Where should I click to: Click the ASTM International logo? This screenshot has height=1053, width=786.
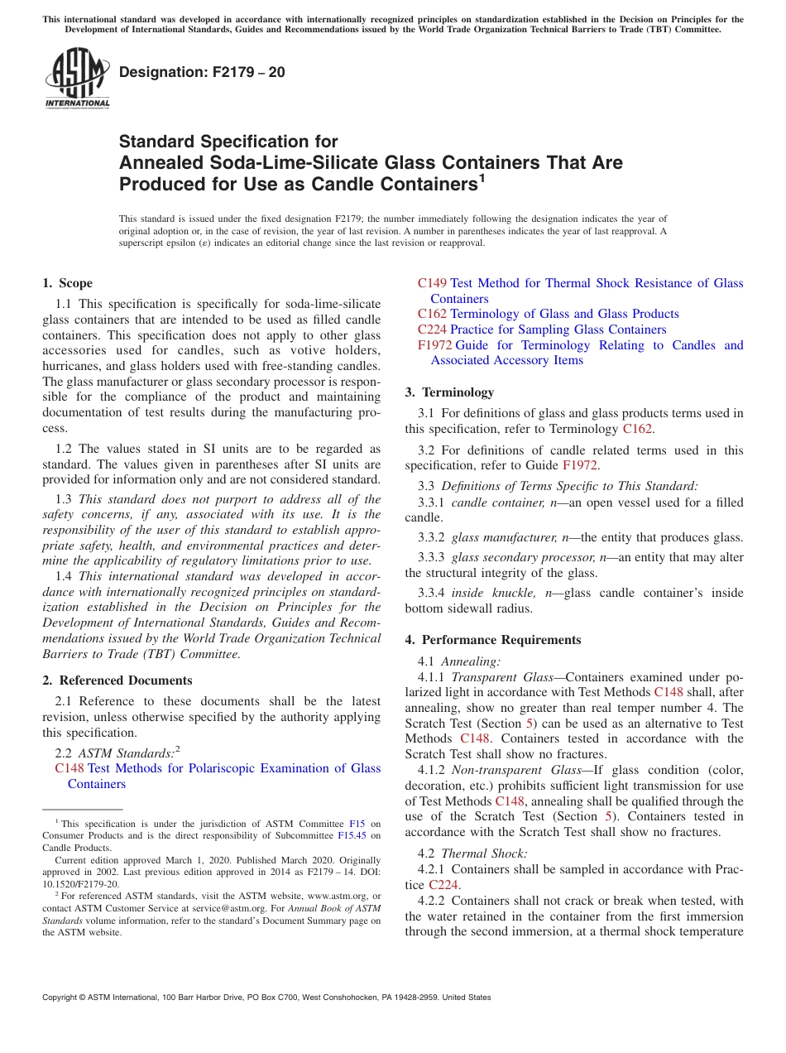(77, 78)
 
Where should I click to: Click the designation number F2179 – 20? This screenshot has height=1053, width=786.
(202, 73)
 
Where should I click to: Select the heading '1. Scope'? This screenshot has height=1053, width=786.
(68, 283)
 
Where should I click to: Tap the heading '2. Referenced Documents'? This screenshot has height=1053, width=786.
(117, 680)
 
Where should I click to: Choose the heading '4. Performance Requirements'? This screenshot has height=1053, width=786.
(493, 640)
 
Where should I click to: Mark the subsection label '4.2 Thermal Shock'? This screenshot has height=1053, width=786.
(472, 853)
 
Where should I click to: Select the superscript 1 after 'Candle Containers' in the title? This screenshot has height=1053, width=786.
(482, 177)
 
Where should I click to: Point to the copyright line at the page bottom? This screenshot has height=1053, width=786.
(266, 998)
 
